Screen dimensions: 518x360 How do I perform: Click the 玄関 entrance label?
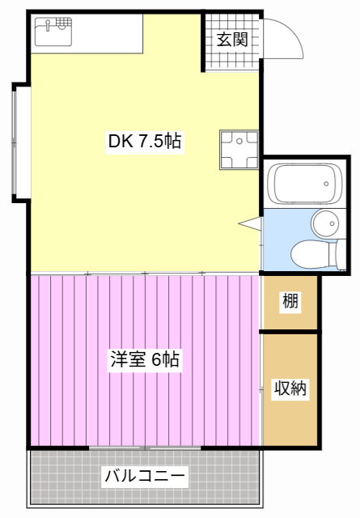pyautogui.click(x=231, y=39)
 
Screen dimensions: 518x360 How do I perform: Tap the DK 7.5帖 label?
pyautogui.click(x=145, y=142)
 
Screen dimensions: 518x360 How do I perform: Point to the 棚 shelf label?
pyautogui.click(x=290, y=302)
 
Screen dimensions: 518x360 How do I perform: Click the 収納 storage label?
pyautogui.click(x=290, y=388)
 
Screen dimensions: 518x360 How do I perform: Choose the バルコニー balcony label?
pyautogui.click(x=146, y=477)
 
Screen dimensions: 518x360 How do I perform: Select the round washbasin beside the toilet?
pyautogui.click(x=327, y=223)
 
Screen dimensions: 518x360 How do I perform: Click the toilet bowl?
pyautogui.click(x=311, y=253)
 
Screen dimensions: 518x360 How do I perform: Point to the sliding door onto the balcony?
pyautogui.click(x=146, y=447)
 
